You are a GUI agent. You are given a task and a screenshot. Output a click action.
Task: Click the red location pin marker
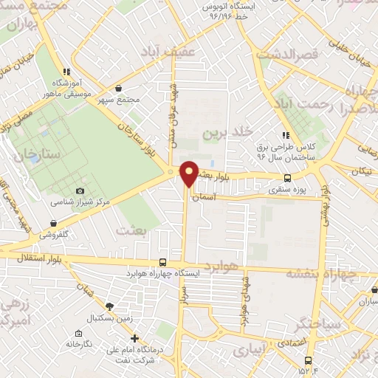click(189, 173)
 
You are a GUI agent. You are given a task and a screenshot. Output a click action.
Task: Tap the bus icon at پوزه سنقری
click(288, 178)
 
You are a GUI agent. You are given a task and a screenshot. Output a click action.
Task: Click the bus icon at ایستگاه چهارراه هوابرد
click(162, 262)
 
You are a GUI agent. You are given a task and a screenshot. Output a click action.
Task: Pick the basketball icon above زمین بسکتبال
click(110, 306)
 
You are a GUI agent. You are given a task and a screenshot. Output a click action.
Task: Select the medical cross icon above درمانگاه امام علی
click(133, 338)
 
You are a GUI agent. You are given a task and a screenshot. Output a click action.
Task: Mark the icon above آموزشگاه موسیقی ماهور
click(66, 72)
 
